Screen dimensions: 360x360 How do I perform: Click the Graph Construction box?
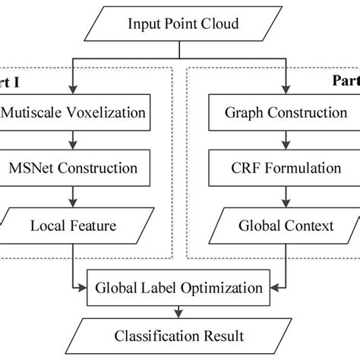point(286,113)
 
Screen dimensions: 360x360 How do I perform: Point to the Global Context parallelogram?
point(286,225)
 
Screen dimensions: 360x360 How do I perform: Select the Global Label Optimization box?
point(179,287)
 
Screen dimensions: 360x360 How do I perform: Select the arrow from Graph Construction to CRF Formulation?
point(286,141)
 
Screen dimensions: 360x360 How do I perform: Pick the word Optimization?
point(226,287)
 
